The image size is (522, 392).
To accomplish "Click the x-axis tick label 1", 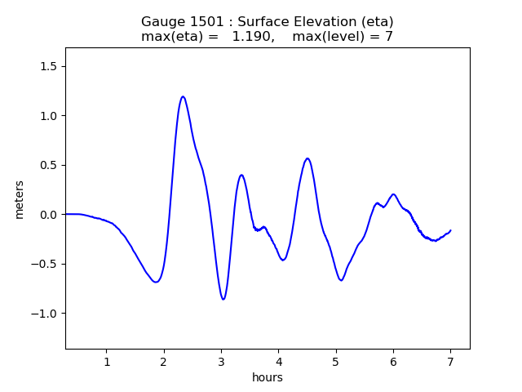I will [107, 362].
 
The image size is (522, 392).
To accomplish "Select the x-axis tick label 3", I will [221, 362].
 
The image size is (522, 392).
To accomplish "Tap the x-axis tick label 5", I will [336, 362].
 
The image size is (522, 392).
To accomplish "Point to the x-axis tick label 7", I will [450, 362].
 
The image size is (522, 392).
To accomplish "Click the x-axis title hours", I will [268, 377].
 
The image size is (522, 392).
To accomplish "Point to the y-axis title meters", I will [19, 199].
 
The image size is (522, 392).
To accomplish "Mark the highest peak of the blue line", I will [183, 96].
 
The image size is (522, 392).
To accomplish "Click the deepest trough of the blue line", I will [223, 299].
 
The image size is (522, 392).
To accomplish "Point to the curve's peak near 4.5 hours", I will [307, 158].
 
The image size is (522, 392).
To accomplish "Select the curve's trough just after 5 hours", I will [342, 280].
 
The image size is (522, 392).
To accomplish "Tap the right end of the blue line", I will [450, 230].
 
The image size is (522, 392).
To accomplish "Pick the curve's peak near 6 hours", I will [393, 194].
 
